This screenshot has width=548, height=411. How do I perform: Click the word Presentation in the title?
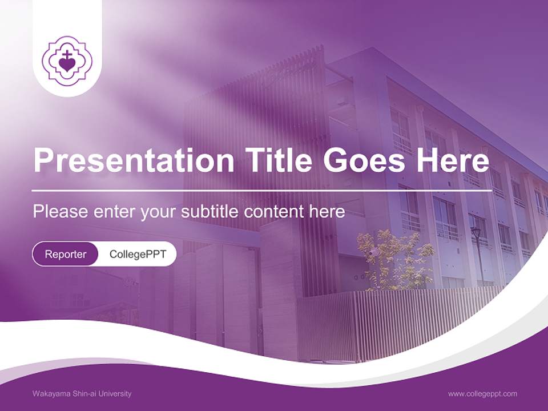[x=134, y=159]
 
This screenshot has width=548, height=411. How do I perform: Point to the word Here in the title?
[x=453, y=159]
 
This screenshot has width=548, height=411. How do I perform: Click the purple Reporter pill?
[x=65, y=254]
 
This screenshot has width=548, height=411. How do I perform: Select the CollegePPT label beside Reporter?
[x=138, y=254]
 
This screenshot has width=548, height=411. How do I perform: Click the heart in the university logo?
[x=67, y=65]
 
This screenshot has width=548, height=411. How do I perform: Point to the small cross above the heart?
[x=66, y=54]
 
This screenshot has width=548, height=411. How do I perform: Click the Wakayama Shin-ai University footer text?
[x=82, y=393]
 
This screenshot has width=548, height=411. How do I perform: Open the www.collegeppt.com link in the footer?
[x=482, y=394]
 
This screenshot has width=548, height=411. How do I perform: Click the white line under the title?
[x=262, y=191]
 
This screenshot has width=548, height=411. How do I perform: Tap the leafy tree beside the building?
[x=395, y=259]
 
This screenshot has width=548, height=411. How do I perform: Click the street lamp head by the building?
[x=476, y=232]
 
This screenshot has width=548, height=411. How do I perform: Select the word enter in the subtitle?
[x=114, y=212]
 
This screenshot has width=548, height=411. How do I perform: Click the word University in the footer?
[x=115, y=393]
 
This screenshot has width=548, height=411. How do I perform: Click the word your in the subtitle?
[x=158, y=213]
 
